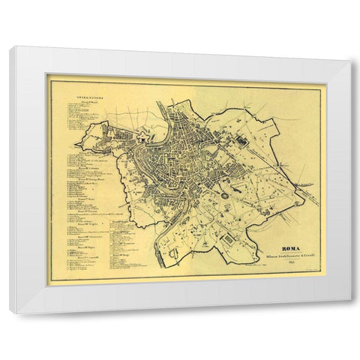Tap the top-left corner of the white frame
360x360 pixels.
(10, 47)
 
